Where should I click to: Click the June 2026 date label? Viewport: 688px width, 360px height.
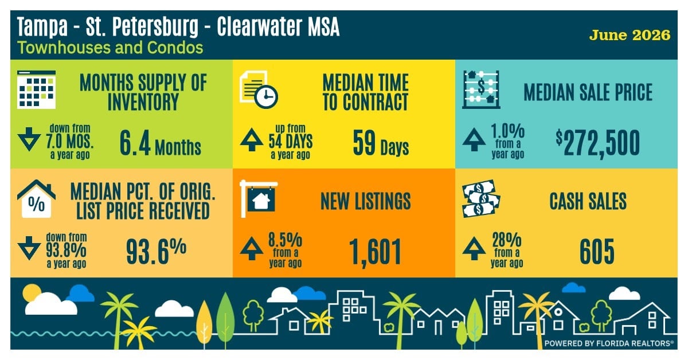[x=630, y=36]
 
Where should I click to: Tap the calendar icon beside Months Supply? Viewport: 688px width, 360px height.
[x=37, y=89]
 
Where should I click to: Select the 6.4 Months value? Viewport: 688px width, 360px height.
[x=160, y=143]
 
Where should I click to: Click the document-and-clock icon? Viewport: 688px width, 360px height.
[x=259, y=89]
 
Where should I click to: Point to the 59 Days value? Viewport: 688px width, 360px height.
[x=381, y=143]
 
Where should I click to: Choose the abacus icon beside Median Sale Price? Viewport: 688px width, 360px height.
[x=481, y=89]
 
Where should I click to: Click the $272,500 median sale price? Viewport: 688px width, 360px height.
[x=597, y=144]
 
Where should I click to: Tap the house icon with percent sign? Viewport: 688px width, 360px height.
[x=37, y=199]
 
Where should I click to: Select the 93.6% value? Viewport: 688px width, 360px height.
[x=156, y=252]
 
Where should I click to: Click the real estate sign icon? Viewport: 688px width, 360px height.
[x=259, y=199]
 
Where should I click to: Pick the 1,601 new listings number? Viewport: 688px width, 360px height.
[x=375, y=252]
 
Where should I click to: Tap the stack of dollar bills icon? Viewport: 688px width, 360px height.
[x=481, y=199]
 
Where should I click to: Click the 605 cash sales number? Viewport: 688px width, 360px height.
[x=597, y=252]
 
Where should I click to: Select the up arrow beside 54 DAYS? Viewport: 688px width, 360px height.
[x=252, y=139]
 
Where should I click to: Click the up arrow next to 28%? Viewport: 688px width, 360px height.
[x=474, y=249]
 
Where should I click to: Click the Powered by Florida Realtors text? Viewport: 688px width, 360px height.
[x=609, y=343]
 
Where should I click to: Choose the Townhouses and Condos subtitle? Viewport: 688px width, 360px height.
[x=110, y=48]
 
